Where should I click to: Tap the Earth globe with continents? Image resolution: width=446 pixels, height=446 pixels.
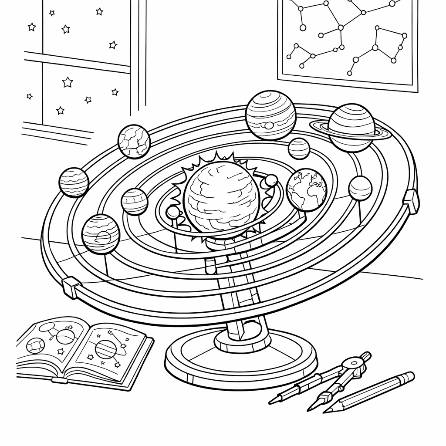[307, 189]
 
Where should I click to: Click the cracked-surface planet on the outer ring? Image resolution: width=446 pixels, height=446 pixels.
[134, 141]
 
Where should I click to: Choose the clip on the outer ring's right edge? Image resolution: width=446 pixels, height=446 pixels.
[411, 201]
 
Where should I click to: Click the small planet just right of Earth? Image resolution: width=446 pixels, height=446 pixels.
[360, 188]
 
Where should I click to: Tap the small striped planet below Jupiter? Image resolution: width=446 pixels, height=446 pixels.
[299, 149]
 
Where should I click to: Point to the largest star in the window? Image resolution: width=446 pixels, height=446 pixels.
[67, 82]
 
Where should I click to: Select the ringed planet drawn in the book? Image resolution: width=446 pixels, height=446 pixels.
[105, 348]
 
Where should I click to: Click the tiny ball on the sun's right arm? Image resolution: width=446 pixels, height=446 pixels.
[271, 180]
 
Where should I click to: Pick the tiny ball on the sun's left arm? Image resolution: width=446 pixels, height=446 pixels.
[173, 213]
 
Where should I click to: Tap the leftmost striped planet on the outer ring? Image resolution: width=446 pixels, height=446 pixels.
[74, 182]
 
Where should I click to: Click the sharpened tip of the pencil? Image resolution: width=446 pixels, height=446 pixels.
[326, 410]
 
